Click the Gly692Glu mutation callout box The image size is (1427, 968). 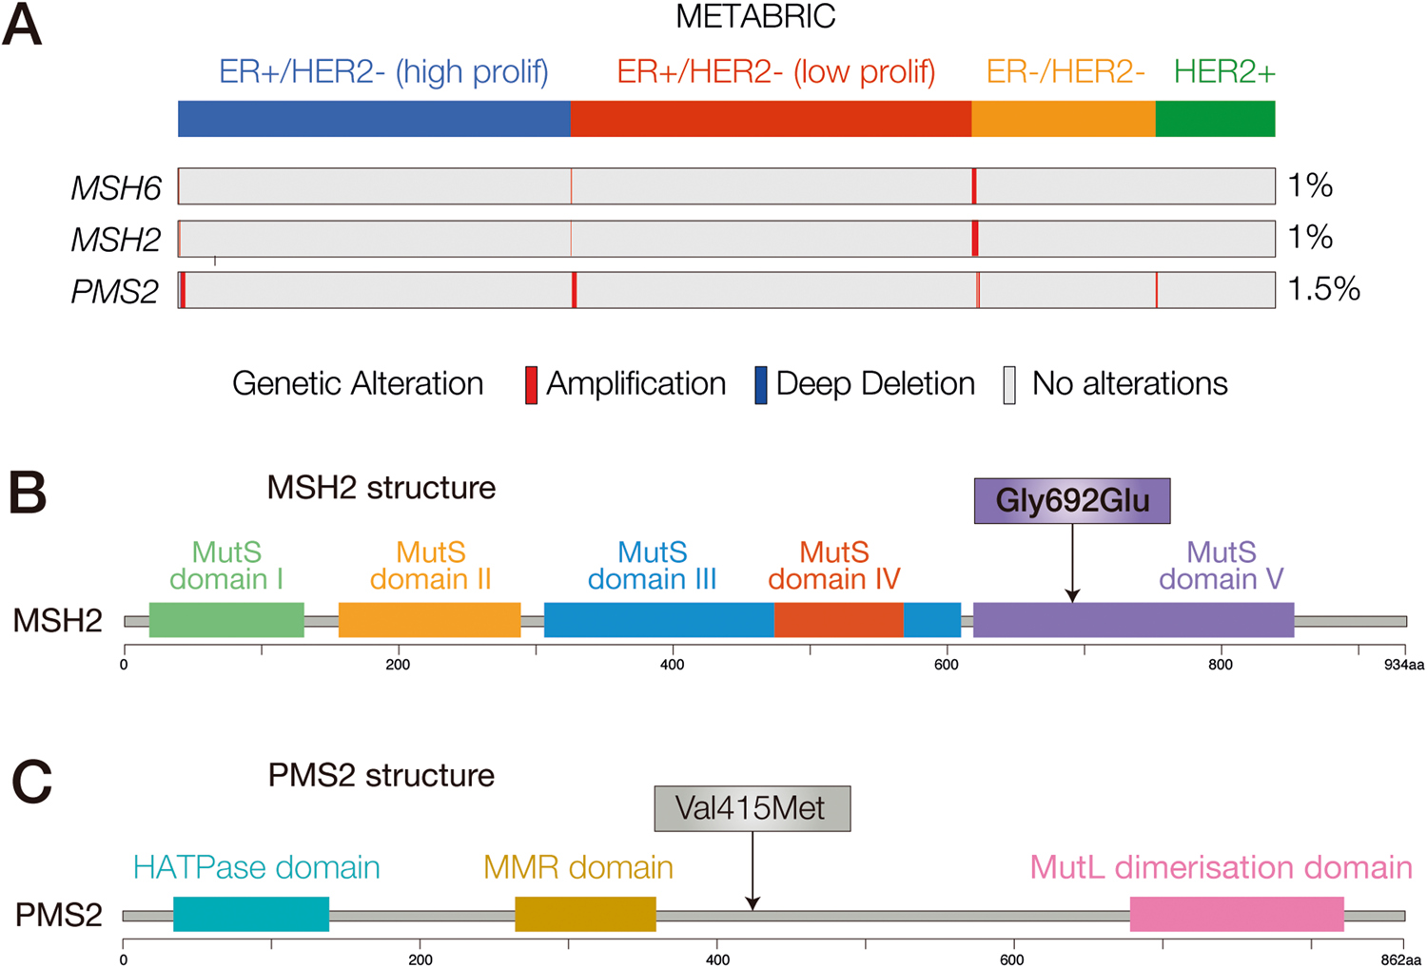click(1072, 501)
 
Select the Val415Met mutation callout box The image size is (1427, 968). click(752, 808)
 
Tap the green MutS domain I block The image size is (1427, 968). click(226, 620)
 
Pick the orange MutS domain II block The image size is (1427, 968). click(429, 620)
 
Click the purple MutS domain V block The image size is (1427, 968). click(1133, 620)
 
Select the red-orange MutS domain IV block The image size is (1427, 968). click(838, 620)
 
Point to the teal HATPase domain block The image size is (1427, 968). click(251, 914)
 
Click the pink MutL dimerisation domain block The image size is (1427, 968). click(1237, 914)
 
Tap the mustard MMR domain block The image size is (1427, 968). click(585, 914)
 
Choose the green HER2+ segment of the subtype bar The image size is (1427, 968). click(1215, 119)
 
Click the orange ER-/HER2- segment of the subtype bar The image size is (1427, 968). click(1063, 119)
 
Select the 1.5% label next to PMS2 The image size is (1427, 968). click(1323, 289)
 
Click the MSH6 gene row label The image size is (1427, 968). click(116, 188)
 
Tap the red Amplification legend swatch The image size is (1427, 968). click(532, 385)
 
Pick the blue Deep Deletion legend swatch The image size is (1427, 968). click(760, 385)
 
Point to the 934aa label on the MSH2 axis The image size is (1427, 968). click(1403, 665)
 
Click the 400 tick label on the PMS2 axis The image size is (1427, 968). click(717, 958)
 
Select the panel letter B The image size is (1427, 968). click(28, 493)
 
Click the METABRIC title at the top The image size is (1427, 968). click(755, 16)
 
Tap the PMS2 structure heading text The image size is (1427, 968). click(381, 775)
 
